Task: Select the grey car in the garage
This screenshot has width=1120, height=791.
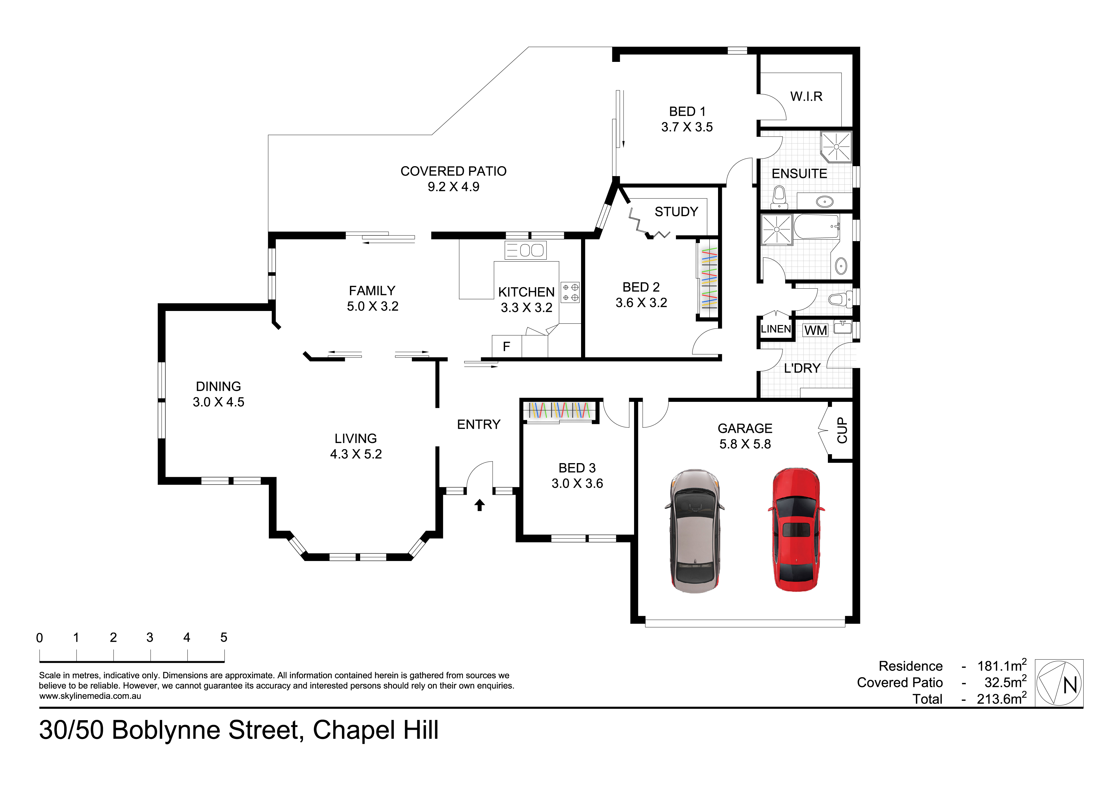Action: point(694,531)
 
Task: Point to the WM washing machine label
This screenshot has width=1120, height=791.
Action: point(816,330)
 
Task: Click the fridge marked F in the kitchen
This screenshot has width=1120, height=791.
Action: point(506,346)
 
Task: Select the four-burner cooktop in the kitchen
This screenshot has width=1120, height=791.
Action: point(570,292)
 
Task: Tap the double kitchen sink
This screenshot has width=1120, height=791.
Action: point(526,250)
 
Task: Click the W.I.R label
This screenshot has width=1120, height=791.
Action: point(806,97)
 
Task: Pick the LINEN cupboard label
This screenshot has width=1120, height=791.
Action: point(776,329)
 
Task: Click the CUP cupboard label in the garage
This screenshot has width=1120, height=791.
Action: point(842,430)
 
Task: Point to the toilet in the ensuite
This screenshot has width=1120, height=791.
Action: point(780,196)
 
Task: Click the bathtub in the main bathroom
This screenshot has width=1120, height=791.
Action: point(816,227)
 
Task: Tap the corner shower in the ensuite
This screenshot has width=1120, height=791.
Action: point(836,146)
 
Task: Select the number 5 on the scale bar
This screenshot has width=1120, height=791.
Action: point(224,638)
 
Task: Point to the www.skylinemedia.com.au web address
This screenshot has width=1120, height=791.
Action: point(90,696)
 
